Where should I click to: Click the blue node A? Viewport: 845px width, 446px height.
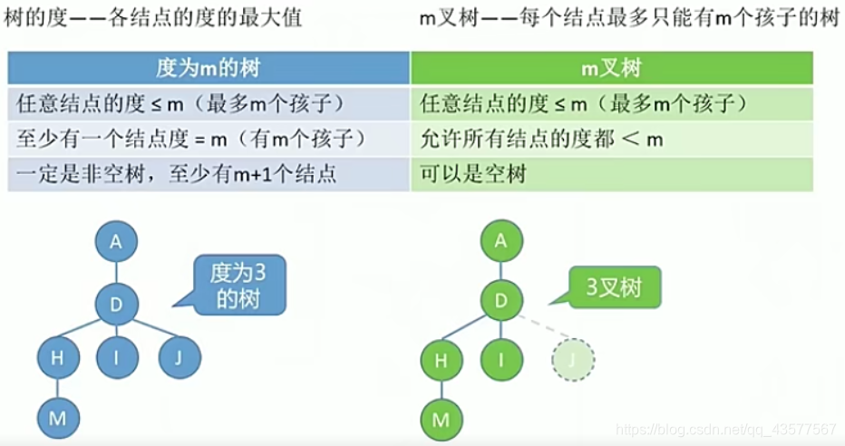pos(115,241)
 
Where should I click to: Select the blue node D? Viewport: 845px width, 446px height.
pos(116,305)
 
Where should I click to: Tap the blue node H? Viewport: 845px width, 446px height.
pos(58,360)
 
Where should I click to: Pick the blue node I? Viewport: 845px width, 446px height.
pos(117,360)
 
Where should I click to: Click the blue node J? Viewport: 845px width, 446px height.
pos(179,360)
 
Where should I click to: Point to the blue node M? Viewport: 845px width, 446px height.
pos(58,420)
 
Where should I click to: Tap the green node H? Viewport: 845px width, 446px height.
pos(442,360)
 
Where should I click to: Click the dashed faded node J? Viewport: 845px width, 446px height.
pos(573,361)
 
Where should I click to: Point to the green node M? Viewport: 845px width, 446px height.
pos(442,420)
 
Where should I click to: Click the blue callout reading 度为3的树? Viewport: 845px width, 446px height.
pos(238,284)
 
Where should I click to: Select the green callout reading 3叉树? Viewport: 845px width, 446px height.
pos(615,288)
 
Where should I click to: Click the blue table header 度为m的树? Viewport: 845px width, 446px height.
pos(209,68)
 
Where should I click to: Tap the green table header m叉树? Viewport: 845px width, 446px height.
pos(611,68)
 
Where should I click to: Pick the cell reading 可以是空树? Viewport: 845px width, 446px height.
pos(611,173)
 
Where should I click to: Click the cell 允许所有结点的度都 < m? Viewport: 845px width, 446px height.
pos(611,139)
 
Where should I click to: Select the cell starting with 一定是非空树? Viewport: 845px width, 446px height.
pos(209,173)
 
